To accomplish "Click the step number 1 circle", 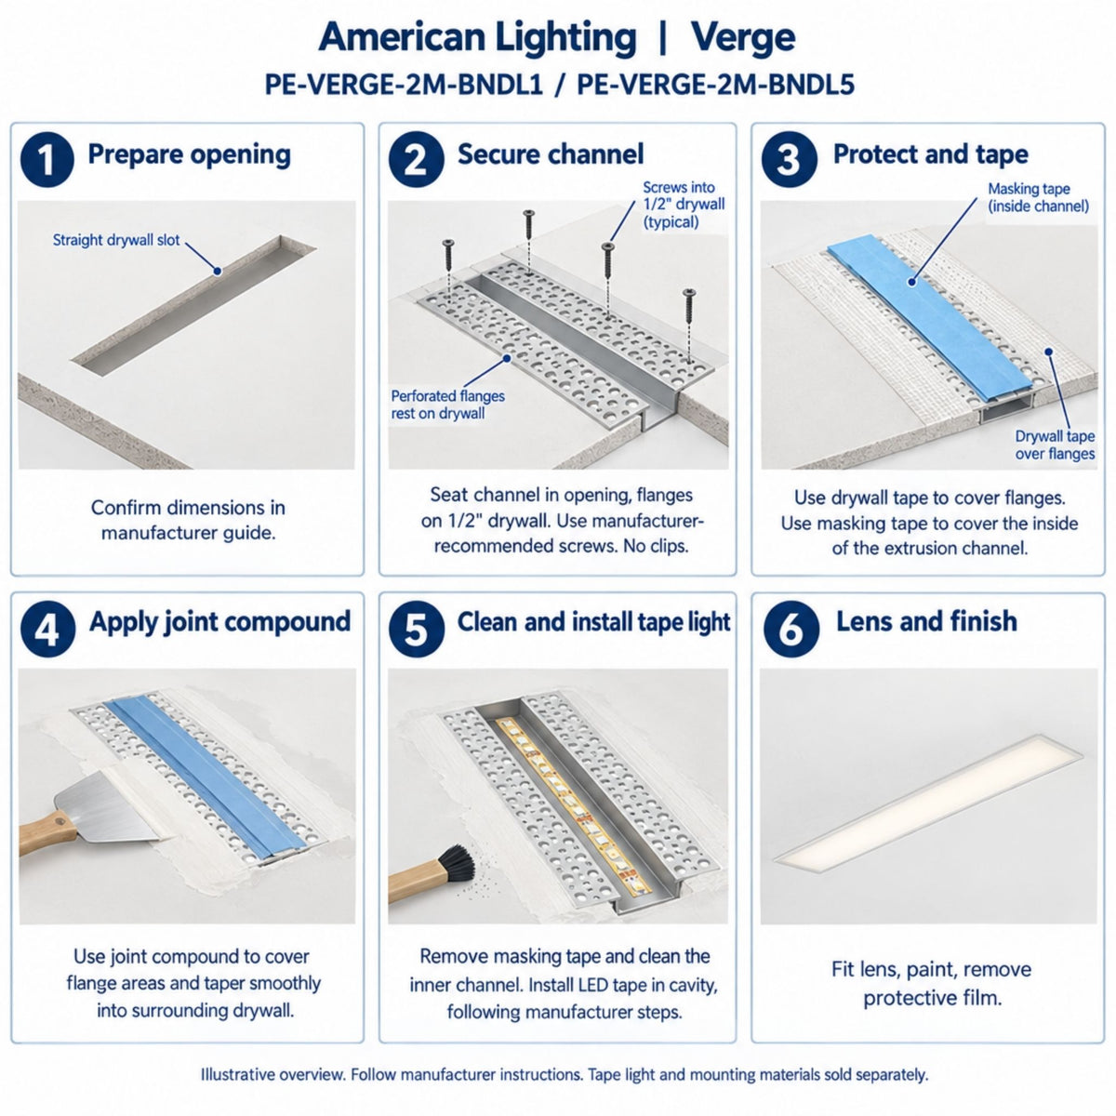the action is pos(46,159).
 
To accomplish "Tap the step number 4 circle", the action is pos(48,629).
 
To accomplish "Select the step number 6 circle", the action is pos(791,629).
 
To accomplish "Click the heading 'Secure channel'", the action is pos(551,154).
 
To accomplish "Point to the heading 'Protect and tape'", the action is pos(931,154).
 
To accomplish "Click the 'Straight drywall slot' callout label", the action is pos(116,240).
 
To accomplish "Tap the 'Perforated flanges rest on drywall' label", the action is pos(447,405).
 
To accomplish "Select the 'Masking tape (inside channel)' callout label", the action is pos(1038,197).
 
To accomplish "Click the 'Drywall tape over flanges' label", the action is pos(1055,445).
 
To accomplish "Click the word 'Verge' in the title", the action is pos(743,38).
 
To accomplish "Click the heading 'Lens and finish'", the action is pos(926,621).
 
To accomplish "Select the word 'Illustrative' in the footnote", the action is pos(237,1075).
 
